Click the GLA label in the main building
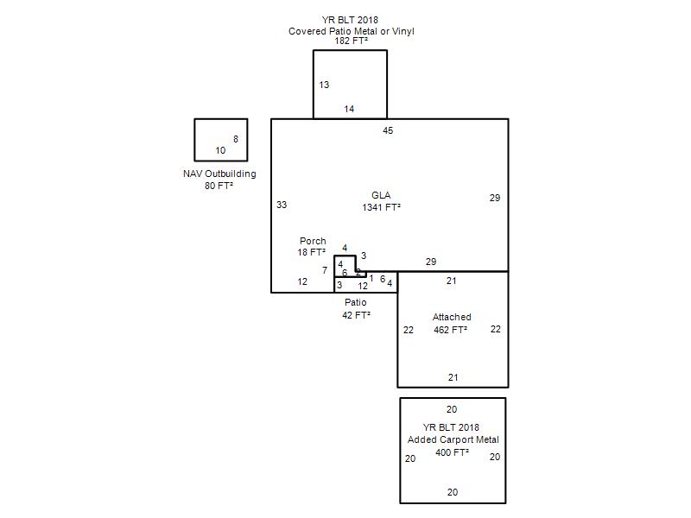381,195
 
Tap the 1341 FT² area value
381,207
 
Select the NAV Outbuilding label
219,174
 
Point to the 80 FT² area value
219,186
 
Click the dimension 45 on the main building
388,130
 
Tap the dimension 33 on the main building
282,205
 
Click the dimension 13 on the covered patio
324,85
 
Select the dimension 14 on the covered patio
349,109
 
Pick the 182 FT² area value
352,41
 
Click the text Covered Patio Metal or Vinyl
352,31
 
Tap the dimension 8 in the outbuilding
236,139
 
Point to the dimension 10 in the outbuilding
220,150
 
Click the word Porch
313,241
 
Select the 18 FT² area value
312,252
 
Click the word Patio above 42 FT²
356,302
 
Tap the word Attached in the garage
452,317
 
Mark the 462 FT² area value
450,330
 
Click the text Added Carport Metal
453,439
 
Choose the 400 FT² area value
452,452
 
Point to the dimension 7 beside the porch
325,270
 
